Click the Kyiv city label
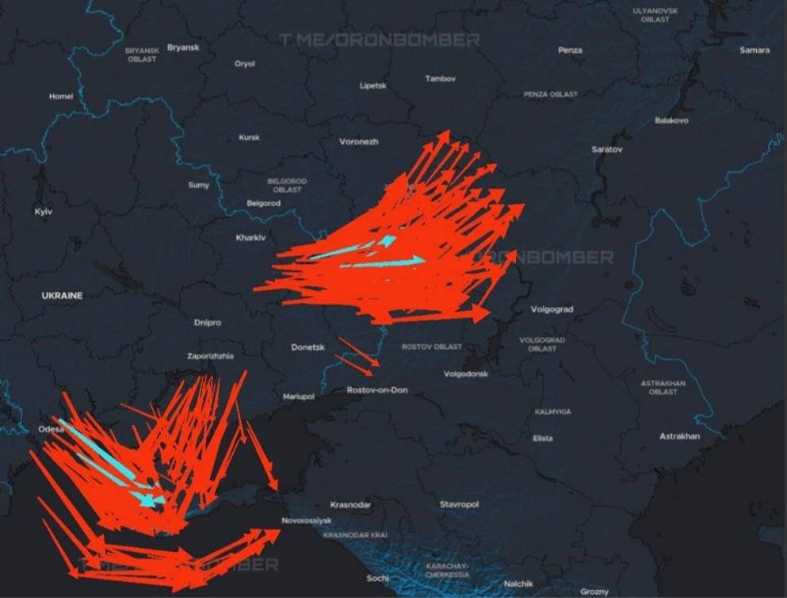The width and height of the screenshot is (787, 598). (43, 212)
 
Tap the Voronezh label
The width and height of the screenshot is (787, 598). (359, 141)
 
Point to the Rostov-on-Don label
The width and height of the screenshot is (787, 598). (377, 390)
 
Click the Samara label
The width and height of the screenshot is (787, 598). (754, 50)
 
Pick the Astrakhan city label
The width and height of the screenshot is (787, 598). (680, 436)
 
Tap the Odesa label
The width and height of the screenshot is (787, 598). (50, 429)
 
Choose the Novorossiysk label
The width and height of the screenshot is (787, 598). (306, 520)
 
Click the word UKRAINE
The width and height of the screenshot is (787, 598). (62, 295)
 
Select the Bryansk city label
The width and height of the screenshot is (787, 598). (184, 48)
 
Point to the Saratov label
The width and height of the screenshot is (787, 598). (607, 149)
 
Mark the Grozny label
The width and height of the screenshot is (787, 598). (594, 592)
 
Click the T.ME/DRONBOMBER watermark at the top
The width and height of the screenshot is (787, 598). (379, 39)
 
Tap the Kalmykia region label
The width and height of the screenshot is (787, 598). (552, 412)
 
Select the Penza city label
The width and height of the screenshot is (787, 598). (570, 50)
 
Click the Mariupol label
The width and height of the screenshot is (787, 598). (299, 396)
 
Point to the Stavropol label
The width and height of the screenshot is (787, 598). (459, 504)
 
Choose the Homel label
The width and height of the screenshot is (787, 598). (60, 97)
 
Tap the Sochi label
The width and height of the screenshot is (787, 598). (377, 578)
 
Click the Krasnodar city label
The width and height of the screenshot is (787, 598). (350, 504)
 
